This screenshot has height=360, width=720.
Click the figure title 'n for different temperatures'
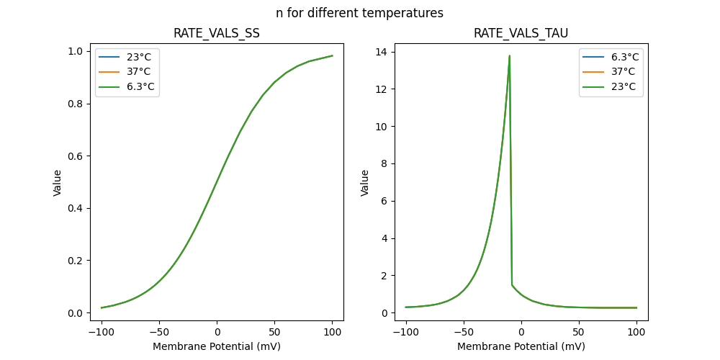pyautogui.click(x=359, y=13)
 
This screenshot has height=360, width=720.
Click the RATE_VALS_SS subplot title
pyautogui.click(x=217, y=34)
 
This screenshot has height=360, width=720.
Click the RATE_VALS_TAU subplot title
pyautogui.click(x=521, y=34)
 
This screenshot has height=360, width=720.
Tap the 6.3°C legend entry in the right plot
pyautogui.click(x=624, y=56)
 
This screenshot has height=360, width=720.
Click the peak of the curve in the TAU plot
pyautogui.click(x=510, y=55)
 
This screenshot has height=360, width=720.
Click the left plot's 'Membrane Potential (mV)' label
pyautogui.click(x=217, y=346)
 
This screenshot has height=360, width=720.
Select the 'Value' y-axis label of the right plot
pyautogui.click(x=365, y=182)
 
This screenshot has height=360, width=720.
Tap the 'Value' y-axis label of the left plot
pyautogui.click(x=58, y=182)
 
